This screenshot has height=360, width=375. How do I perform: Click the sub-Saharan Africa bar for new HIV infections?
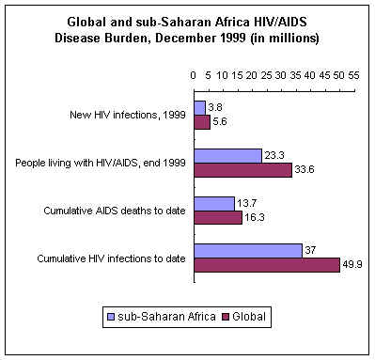(200, 108)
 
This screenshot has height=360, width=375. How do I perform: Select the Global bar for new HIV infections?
(202, 122)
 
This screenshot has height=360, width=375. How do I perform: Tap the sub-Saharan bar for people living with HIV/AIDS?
(228, 156)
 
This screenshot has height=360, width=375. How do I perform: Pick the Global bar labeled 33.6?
(243, 170)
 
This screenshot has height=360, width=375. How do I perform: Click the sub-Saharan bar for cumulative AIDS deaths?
(214, 204)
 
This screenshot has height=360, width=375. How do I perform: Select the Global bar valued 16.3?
(218, 217)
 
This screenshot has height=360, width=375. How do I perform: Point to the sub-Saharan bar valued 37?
(248, 251)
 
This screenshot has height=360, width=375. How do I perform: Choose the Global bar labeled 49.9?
(267, 265)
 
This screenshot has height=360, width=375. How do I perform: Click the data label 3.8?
(215, 107)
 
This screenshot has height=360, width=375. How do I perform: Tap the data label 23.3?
(274, 155)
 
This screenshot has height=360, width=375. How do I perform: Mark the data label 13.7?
(247, 203)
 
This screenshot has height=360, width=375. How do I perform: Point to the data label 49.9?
(352, 264)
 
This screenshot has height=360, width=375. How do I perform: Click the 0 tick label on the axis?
(194, 75)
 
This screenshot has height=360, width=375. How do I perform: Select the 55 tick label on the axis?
(353, 75)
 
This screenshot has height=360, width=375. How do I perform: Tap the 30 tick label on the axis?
(281, 75)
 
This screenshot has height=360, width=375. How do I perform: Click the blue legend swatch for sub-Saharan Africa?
(111, 317)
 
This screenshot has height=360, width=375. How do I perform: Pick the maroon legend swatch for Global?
(226, 317)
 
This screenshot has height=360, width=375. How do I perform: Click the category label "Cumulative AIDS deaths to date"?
(115, 211)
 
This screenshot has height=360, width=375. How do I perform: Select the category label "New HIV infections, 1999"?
(128, 115)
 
